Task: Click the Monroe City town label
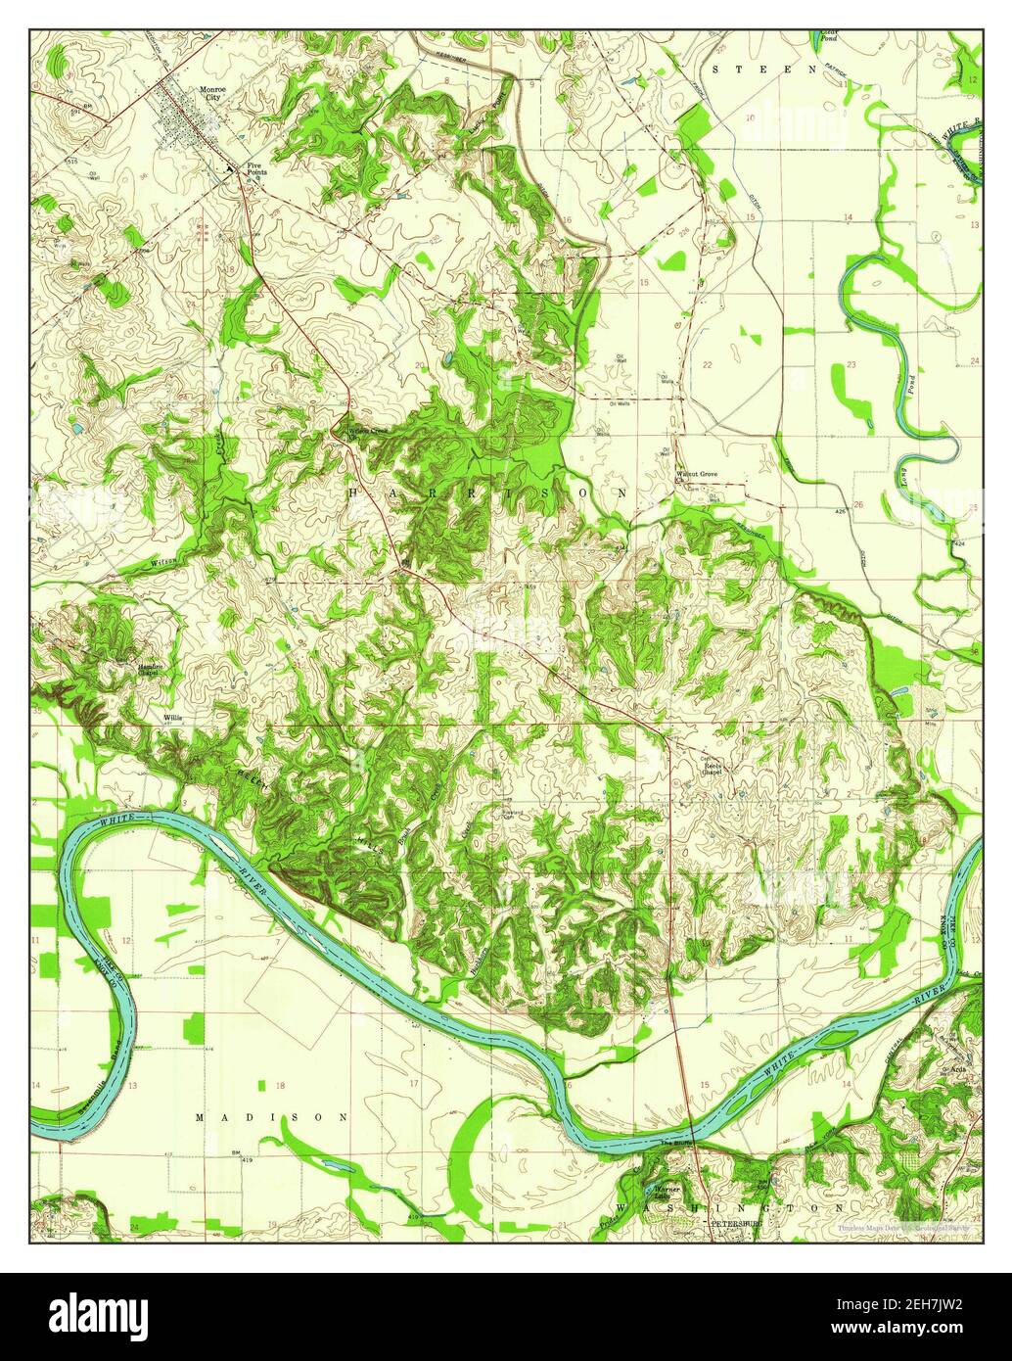(x=211, y=94)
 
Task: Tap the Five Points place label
(x=256, y=168)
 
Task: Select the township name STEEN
(x=764, y=70)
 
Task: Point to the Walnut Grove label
(x=697, y=475)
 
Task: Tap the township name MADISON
(x=271, y=1116)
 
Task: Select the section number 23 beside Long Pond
(x=851, y=364)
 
